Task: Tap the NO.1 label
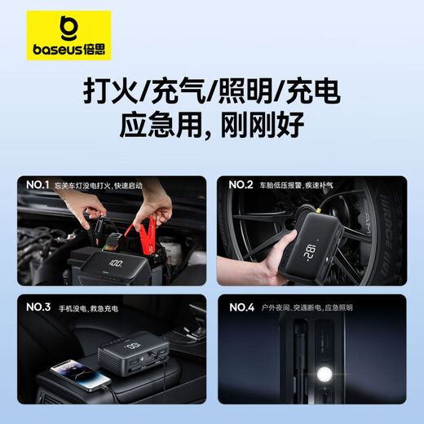point(37,186)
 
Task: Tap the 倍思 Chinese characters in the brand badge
point(94,49)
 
